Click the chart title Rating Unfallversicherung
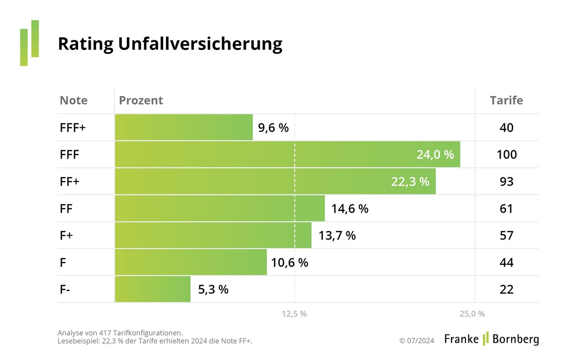(x=170, y=44)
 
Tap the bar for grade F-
(x=153, y=289)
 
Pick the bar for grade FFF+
(x=184, y=128)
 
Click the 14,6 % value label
(x=349, y=209)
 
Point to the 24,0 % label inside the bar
(x=435, y=155)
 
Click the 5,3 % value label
(x=213, y=289)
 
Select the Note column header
(x=73, y=100)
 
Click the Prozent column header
(x=141, y=100)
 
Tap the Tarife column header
(x=506, y=100)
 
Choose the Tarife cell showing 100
(x=506, y=155)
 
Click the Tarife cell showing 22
(x=506, y=289)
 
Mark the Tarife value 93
(x=506, y=182)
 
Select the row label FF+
(x=70, y=182)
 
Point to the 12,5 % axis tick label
(x=294, y=314)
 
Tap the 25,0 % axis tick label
(x=472, y=314)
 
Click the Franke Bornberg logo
(x=491, y=339)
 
